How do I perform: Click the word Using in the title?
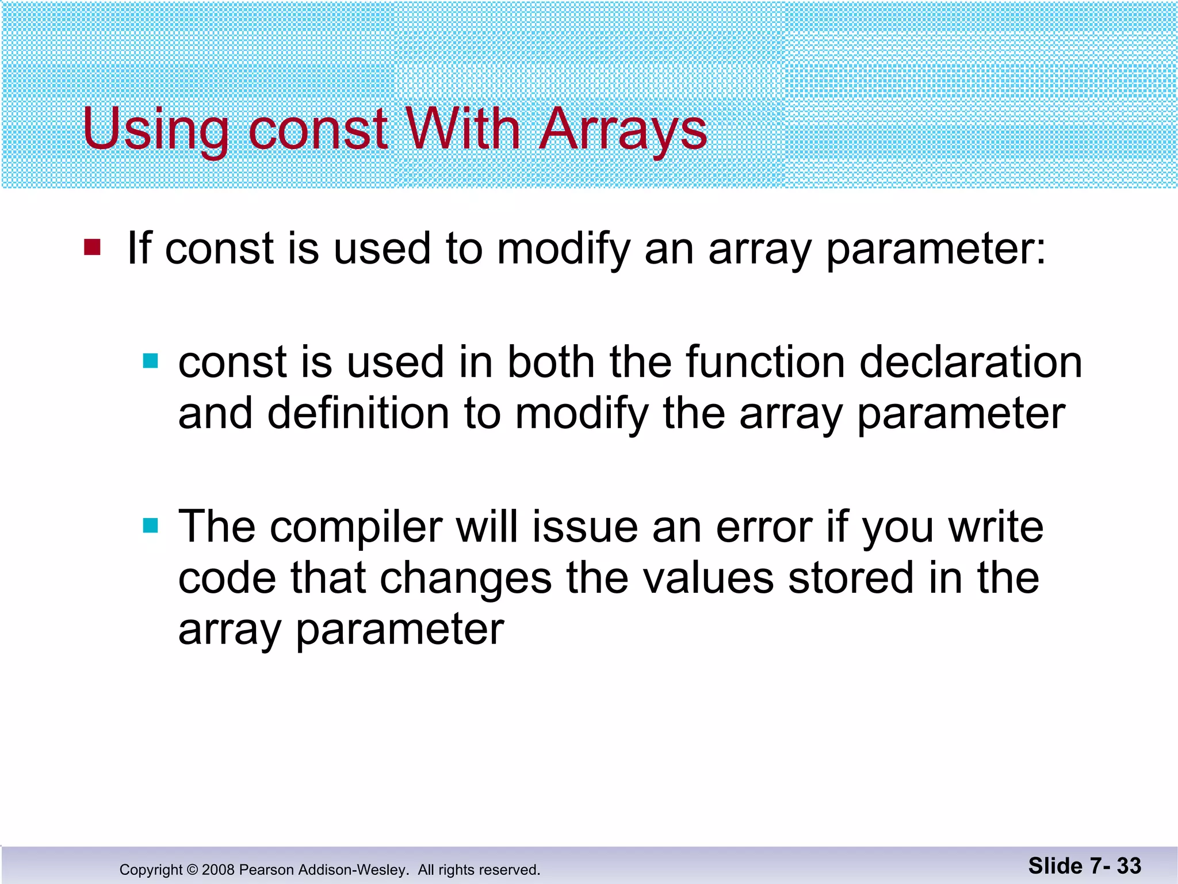click(155, 129)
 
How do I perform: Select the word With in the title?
click(463, 129)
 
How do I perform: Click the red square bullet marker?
click(92, 247)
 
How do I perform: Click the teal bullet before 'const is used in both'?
click(150, 361)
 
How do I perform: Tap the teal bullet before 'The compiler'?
click(150, 525)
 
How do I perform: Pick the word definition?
click(358, 413)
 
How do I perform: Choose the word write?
click(995, 527)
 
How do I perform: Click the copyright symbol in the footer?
click(192, 870)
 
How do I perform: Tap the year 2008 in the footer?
click(219, 870)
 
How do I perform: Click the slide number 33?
click(1129, 866)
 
